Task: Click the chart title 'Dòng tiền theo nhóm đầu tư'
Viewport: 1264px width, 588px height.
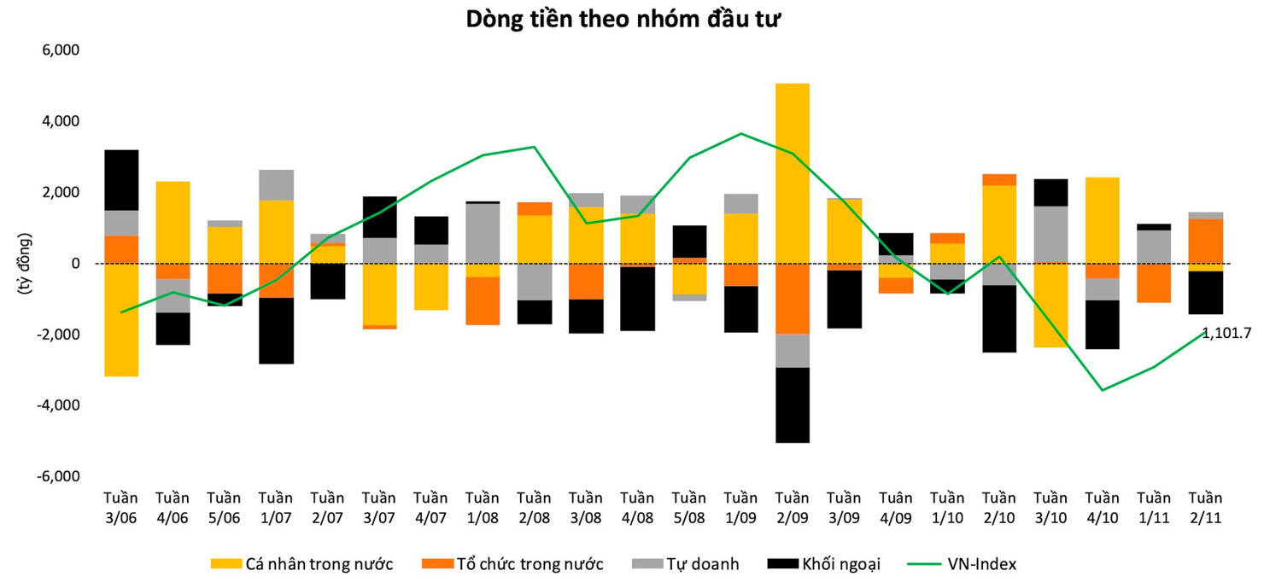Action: [x=623, y=20]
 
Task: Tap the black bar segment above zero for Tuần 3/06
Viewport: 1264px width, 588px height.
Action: [x=121, y=180]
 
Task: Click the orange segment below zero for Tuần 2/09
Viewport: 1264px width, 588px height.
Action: [x=792, y=299]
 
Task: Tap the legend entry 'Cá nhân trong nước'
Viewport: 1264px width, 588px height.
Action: [x=302, y=564]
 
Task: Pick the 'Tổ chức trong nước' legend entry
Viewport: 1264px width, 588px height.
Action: [x=512, y=564]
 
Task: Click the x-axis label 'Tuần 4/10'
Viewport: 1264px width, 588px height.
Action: [x=1102, y=509]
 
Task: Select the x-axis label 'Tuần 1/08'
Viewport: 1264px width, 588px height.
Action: [x=483, y=509]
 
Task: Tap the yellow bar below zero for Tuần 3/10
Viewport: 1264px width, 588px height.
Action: [x=1050, y=306]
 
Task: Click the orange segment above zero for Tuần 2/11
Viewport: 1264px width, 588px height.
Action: [x=1205, y=241]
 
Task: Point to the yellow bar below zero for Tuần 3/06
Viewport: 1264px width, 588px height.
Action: [x=121, y=320]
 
